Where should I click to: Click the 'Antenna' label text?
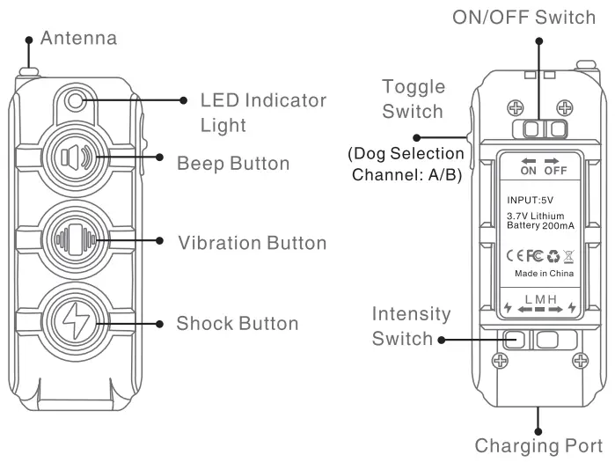click(x=78, y=39)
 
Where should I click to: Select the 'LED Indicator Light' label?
click(x=263, y=113)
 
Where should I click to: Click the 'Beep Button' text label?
click(x=233, y=164)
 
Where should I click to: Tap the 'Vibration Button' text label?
click(x=252, y=243)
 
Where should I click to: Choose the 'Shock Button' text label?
click(x=238, y=323)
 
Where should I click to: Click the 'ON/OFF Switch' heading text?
click(x=524, y=18)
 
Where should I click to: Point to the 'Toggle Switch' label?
click(x=413, y=99)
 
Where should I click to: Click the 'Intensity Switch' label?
click(x=411, y=326)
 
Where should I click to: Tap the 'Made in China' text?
click(x=543, y=274)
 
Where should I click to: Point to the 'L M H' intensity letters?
click(x=540, y=299)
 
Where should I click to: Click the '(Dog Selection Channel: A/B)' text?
click(x=407, y=164)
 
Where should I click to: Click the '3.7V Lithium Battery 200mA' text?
click(x=539, y=221)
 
